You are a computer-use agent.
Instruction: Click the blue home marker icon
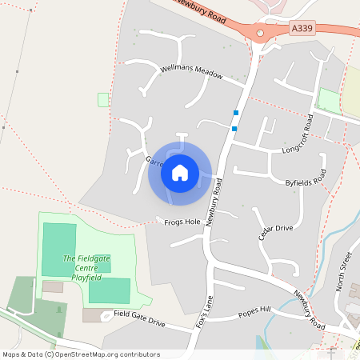(180, 172)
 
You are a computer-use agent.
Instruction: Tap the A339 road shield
(302, 28)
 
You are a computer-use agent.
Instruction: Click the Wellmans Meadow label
(190, 72)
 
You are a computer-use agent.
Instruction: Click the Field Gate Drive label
(138, 318)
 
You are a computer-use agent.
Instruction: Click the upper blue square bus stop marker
(235, 112)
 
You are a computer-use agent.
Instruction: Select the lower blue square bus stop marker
(234, 128)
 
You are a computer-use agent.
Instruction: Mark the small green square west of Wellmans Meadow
(102, 99)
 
